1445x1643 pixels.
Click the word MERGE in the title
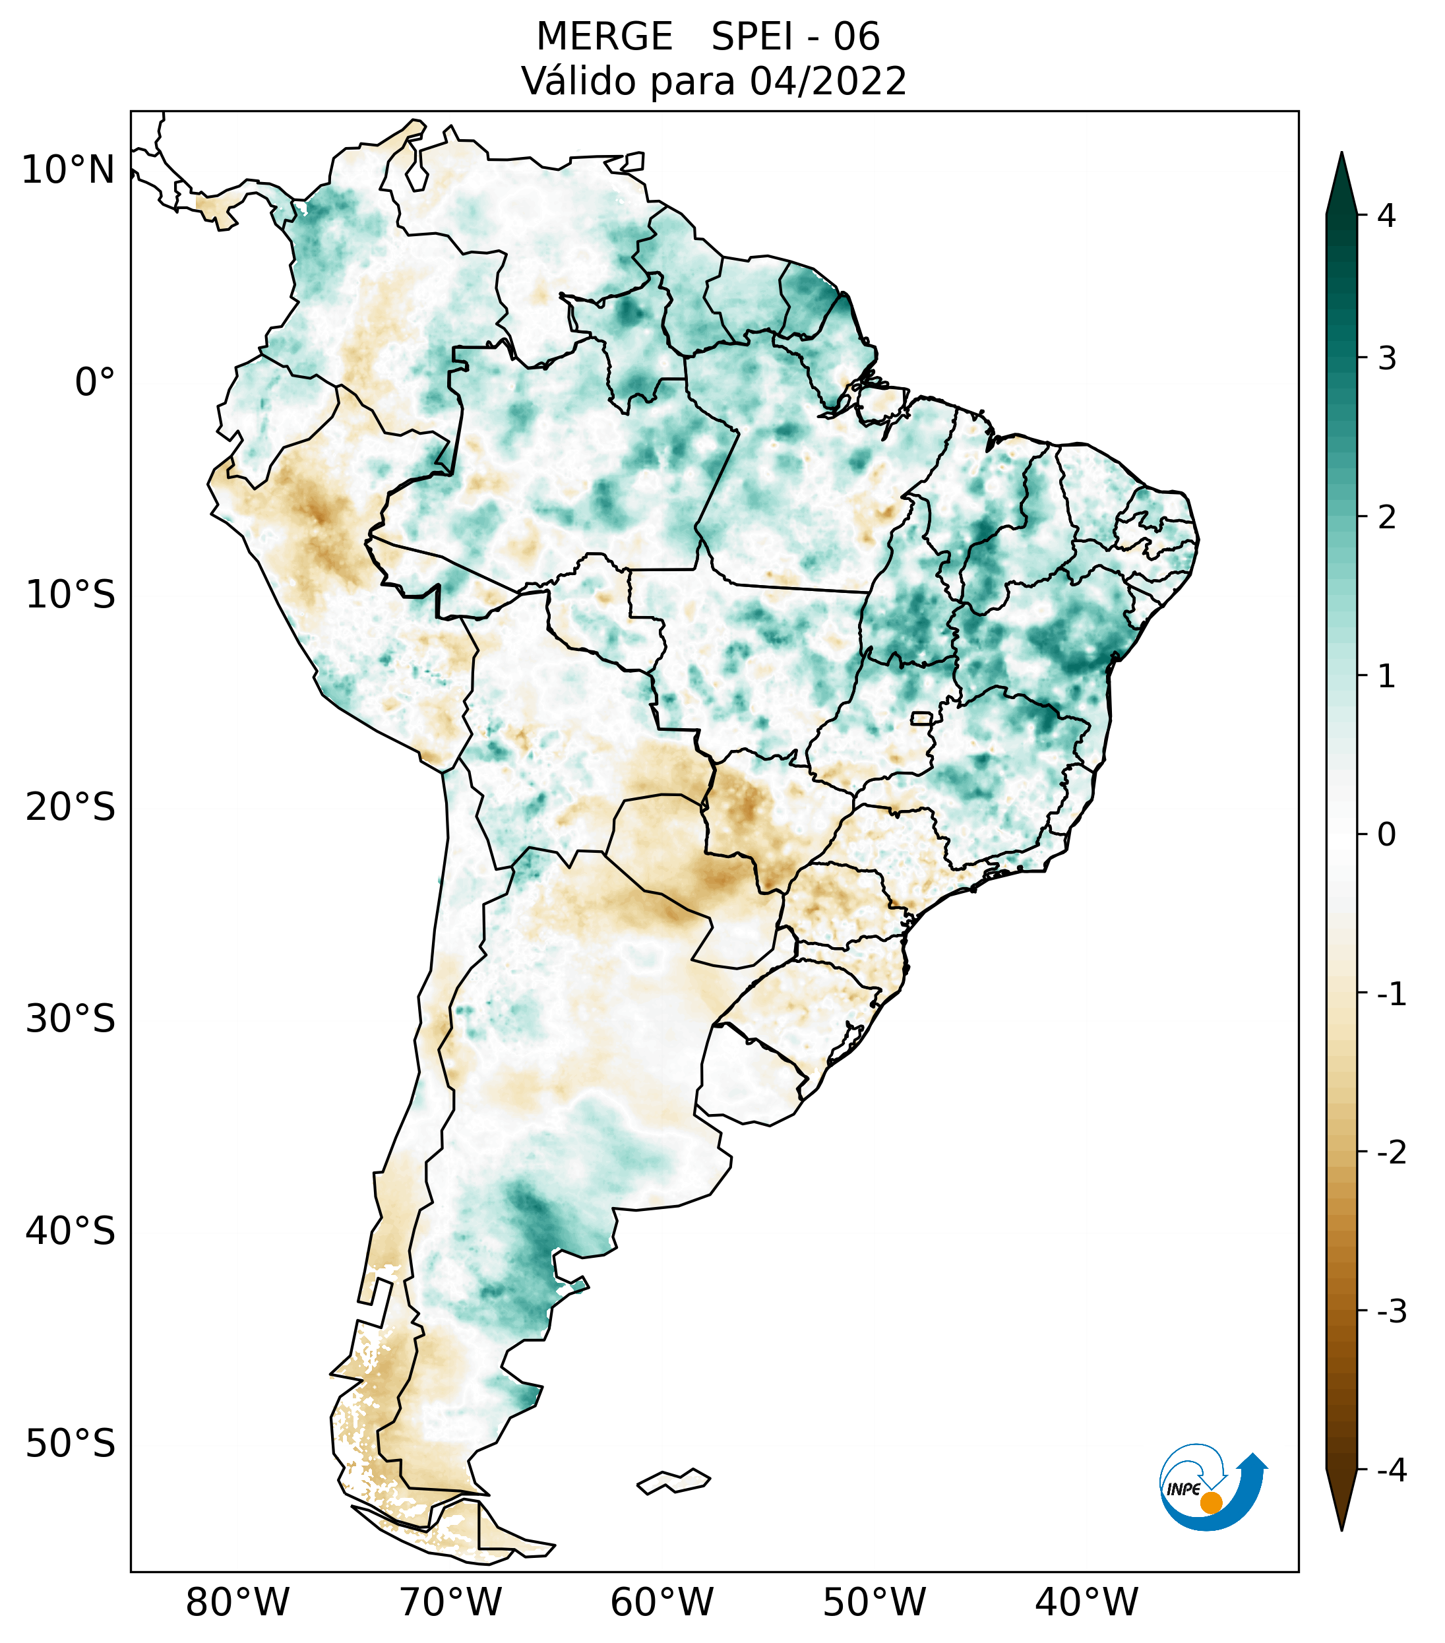click(x=604, y=37)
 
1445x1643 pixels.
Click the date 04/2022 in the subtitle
click(x=828, y=81)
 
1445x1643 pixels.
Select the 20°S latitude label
click(x=71, y=807)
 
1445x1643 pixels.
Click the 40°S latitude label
click(x=71, y=1231)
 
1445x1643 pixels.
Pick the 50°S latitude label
click(x=71, y=1444)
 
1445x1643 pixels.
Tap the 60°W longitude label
click(x=661, y=1603)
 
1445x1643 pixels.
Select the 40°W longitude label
click(x=1087, y=1603)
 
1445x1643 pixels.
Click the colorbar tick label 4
click(x=1386, y=216)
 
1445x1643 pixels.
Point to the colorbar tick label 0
click(x=1386, y=835)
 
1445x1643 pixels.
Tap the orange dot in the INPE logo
click(x=1211, y=1503)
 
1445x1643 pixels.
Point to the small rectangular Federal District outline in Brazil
click(x=922, y=718)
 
